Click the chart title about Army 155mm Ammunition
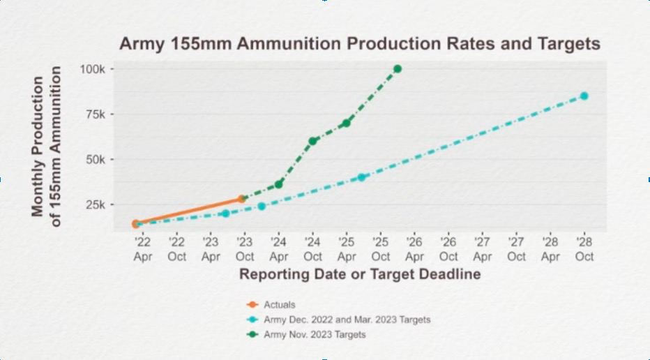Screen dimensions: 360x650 tap(359, 43)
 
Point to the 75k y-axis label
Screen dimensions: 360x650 tap(95, 114)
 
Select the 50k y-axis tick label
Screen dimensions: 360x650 tap(95, 159)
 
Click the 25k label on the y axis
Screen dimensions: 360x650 tap(95, 204)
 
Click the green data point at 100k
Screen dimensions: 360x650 tap(398, 69)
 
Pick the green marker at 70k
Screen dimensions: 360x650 tap(347, 123)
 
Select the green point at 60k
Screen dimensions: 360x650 tap(313, 141)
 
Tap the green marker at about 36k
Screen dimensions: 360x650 tap(279, 184)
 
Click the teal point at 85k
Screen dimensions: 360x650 tap(584, 96)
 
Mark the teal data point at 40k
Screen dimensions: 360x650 tap(362, 177)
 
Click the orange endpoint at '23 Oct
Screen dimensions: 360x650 tap(242, 199)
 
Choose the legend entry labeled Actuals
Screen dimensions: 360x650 tap(279, 305)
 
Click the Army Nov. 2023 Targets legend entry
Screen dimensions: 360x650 tap(314, 335)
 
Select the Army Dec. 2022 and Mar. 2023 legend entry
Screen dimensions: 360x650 tap(347, 320)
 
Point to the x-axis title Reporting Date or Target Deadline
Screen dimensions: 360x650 tap(360, 274)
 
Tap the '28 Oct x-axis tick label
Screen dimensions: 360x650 tap(584, 249)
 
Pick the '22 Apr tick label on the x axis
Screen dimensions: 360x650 tap(142, 249)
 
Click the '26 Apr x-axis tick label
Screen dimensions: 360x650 tap(414, 249)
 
